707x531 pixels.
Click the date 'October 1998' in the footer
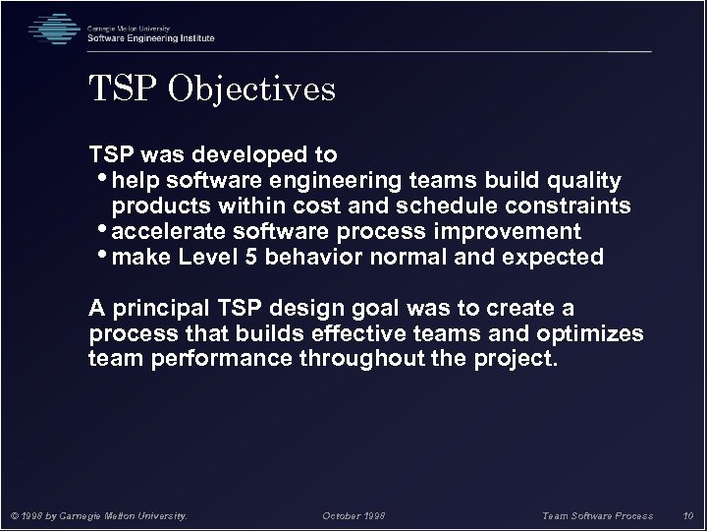[x=353, y=514]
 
